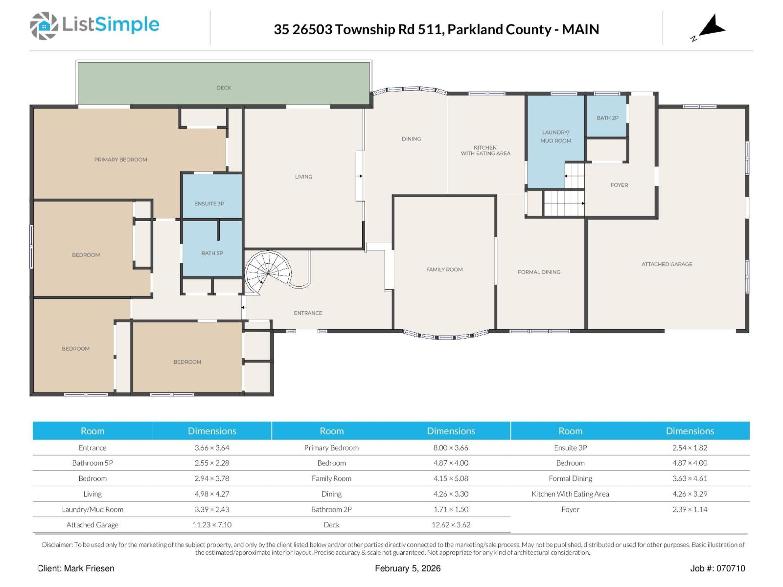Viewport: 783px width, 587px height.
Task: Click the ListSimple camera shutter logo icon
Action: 44,25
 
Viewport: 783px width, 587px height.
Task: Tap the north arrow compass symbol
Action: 711,27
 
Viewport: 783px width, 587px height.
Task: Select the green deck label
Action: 224,88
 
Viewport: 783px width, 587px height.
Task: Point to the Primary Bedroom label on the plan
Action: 120,159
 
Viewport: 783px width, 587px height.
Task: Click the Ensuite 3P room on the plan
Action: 212,196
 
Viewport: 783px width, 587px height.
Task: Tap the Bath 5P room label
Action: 212,253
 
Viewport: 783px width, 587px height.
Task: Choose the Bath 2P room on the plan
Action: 607,116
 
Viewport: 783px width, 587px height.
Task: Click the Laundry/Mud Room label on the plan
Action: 555,136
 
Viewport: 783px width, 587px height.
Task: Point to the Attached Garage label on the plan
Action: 667,264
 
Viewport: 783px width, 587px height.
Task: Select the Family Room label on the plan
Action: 444,270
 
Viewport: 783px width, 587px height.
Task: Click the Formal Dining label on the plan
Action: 539,272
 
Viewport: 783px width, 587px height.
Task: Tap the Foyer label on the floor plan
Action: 619,185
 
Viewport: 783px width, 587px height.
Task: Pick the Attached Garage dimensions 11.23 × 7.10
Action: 212,524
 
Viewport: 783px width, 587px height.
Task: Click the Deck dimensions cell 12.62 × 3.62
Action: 451,524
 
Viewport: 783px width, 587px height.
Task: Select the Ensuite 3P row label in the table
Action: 571,448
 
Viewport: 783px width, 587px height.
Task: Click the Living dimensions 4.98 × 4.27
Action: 212,494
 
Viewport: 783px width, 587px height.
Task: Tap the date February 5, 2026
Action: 408,568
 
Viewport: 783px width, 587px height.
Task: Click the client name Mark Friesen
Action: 89,568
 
